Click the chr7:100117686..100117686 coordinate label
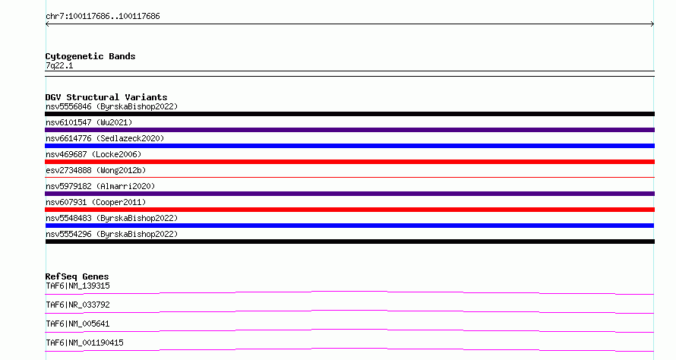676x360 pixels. (x=103, y=17)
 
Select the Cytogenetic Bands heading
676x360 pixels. (x=90, y=56)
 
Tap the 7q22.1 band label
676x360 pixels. (x=59, y=65)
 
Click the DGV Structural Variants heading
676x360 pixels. (x=106, y=97)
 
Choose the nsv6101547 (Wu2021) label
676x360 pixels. (x=89, y=122)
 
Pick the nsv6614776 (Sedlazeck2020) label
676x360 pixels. (x=105, y=138)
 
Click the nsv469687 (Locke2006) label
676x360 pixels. (x=93, y=154)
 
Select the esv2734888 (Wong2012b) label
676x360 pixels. (x=96, y=170)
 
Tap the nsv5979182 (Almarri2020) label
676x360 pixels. (x=100, y=186)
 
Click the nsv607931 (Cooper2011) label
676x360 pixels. (x=96, y=202)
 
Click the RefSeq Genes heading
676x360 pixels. (x=77, y=276)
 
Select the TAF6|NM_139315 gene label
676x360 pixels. (x=77, y=286)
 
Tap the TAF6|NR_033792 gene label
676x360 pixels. (x=77, y=305)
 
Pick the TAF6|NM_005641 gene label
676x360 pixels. (x=77, y=324)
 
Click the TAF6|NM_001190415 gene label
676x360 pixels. (x=84, y=343)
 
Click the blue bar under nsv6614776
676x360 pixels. (x=349, y=146)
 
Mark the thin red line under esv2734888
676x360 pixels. (x=349, y=177)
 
